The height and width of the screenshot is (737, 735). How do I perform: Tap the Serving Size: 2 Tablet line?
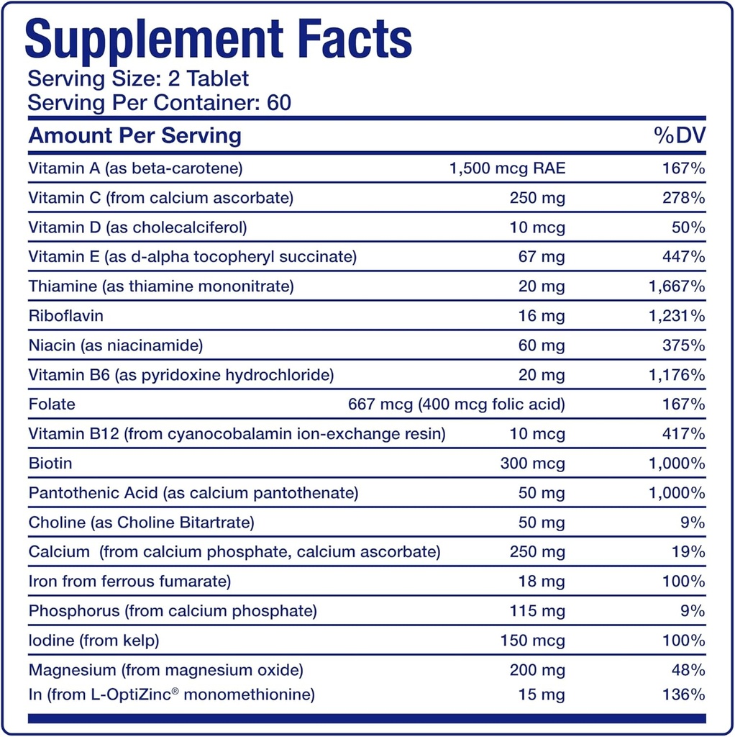pos(138,78)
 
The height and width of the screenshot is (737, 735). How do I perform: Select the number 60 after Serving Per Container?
pos(278,102)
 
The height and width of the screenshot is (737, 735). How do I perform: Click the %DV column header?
pos(680,136)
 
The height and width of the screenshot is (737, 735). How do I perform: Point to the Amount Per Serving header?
pos(135,136)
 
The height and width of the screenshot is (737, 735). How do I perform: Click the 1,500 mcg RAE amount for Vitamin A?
pos(507,168)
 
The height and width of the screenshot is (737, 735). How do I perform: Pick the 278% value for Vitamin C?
pos(684,198)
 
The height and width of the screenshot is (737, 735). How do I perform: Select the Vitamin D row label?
pos(137,227)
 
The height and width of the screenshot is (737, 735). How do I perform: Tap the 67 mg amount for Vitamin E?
pos(542,257)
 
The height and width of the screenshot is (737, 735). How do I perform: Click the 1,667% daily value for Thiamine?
pos(677,286)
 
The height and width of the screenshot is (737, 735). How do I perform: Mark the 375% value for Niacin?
pos(684,345)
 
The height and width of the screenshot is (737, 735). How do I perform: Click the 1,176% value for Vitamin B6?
pos(677,375)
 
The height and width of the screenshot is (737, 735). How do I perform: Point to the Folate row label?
pos(52,404)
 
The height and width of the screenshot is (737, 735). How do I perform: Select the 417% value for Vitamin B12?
pos(684,434)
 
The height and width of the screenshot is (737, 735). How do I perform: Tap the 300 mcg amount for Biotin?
pos(533,464)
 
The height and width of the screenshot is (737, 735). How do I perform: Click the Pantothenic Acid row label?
pos(193,493)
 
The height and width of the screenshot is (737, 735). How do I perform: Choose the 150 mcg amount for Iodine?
pos(533,641)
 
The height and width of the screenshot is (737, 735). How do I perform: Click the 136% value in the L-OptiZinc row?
pos(684,695)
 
